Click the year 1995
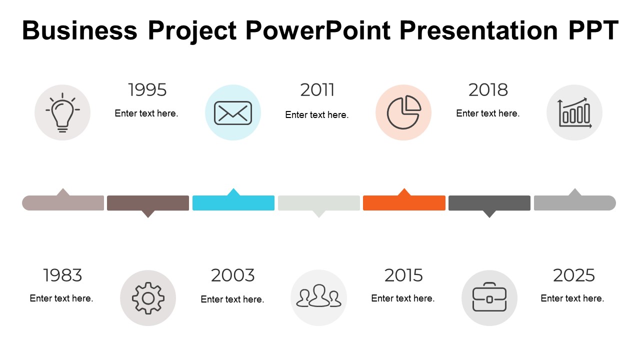click(147, 90)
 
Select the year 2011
click(317, 90)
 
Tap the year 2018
click(488, 90)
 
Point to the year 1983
click(62, 275)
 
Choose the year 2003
click(232, 275)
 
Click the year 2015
click(403, 275)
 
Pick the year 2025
click(573, 275)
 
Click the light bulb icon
click(62, 112)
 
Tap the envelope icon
click(233, 112)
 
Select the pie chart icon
click(403, 112)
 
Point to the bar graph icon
click(574, 112)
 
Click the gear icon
click(148, 298)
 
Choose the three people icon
click(318, 297)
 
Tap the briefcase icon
click(489, 298)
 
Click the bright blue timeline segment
click(233, 203)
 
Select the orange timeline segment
click(404, 203)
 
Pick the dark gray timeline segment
click(489, 203)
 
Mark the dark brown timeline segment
click(148, 203)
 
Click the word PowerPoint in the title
click(317, 31)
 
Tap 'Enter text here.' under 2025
click(572, 298)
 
